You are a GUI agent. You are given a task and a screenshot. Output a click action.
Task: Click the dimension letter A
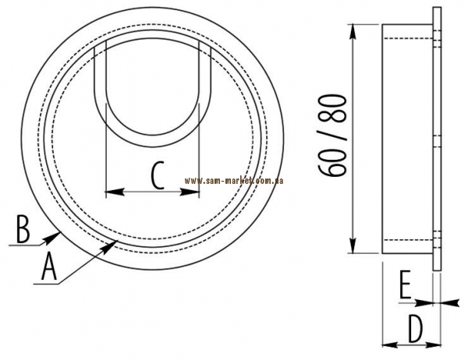pyautogui.click(x=49, y=266)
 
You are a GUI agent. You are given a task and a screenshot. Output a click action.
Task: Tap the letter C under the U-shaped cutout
pyautogui.click(x=158, y=175)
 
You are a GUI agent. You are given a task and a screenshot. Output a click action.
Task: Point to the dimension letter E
pyautogui.click(x=406, y=285)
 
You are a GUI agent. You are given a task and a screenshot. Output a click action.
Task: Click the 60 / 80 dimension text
pyautogui.click(x=333, y=136)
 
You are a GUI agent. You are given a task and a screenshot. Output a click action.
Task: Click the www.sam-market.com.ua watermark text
pyautogui.click(x=234, y=181)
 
